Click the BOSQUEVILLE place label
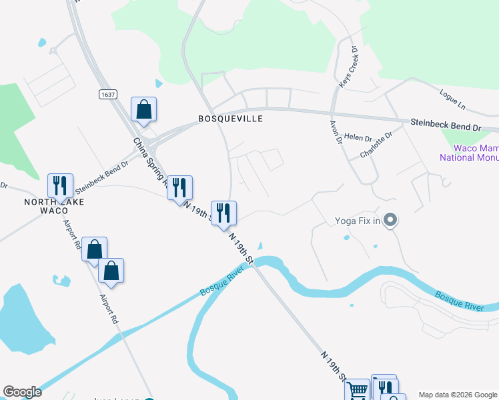(x=230, y=119)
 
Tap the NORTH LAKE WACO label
(x=46, y=206)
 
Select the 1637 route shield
(x=108, y=94)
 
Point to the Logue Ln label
(x=452, y=99)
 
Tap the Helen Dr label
(x=358, y=137)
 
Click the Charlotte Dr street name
(x=376, y=144)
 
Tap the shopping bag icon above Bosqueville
(x=144, y=109)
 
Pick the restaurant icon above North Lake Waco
(x=61, y=186)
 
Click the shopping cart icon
(x=358, y=391)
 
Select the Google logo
(x=22, y=392)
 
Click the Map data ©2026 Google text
(x=458, y=395)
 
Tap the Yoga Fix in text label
(x=357, y=221)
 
